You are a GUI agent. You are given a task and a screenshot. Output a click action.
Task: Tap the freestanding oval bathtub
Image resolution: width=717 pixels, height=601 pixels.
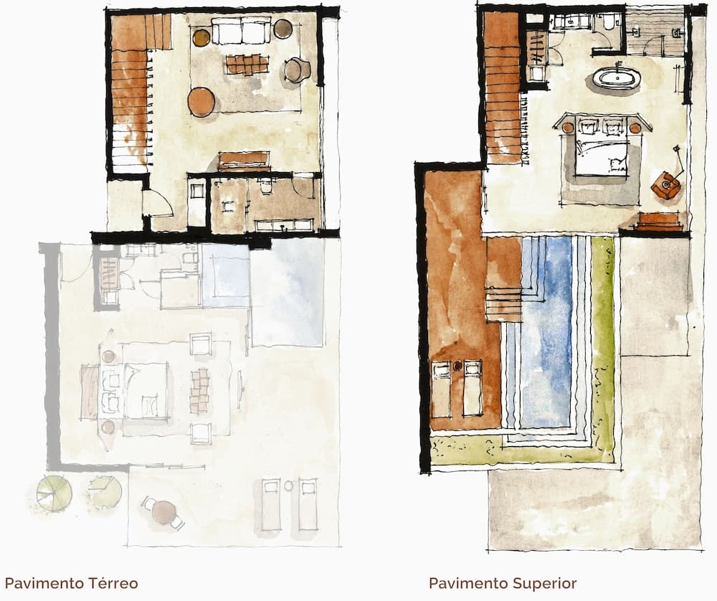pyautogui.click(x=614, y=78)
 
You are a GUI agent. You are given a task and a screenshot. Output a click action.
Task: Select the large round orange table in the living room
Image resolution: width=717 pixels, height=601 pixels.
pyautogui.click(x=201, y=102)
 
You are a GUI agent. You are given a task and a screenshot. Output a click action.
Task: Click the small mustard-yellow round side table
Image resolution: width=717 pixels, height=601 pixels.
pyautogui.click(x=201, y=38)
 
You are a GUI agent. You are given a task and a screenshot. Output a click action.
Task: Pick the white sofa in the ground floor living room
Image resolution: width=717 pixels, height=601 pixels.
pyautogui.click(x=242, y=30)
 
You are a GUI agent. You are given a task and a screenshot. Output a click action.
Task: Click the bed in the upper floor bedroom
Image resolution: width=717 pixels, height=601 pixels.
pyautogui.click(x=601, y=147)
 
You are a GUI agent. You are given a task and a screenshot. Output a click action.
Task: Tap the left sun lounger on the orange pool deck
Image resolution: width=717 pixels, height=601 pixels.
pyautogui.click(x=441, y=389)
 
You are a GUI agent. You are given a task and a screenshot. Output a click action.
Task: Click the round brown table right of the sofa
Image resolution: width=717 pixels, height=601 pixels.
pyautogui.click(x=283, y=29)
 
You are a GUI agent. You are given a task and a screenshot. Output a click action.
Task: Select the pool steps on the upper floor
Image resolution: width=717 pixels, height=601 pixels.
pyautogui.click(x=503, y=305)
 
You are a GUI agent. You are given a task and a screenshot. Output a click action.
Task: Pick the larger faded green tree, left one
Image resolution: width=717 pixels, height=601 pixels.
pyautogui.click(x=54, y=493)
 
